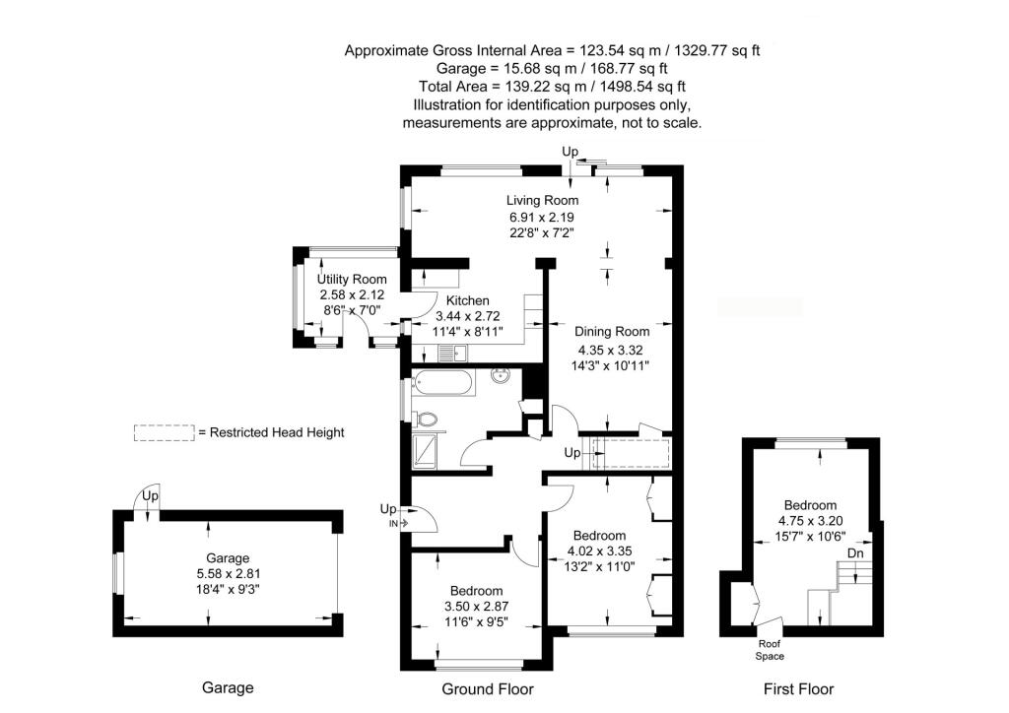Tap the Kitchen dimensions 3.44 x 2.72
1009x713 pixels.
[468, 317]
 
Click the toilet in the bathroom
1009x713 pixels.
[428, 419]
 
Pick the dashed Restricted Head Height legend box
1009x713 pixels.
[164, 432]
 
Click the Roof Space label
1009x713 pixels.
[770, 650]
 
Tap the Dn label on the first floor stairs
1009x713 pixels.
[855, 553]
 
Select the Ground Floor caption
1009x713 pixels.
[487, 689]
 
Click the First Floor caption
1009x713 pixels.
[798, 689]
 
